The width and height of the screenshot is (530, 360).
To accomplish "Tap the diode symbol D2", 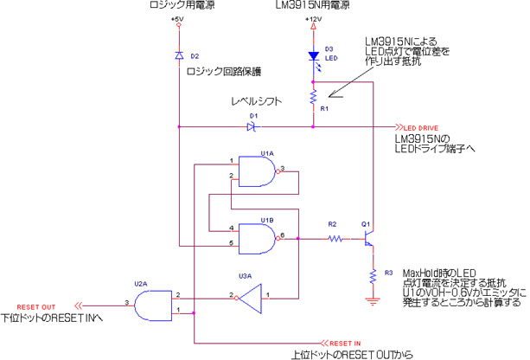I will (179, 55).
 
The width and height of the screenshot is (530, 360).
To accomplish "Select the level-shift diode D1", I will (252, 126).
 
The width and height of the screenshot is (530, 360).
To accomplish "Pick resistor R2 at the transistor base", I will (332, 237).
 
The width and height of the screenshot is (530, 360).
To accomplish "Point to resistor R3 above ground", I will (373, 276).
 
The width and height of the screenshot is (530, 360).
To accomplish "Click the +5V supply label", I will (177, 18).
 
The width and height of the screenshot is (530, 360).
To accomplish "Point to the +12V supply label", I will (313, 18).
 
